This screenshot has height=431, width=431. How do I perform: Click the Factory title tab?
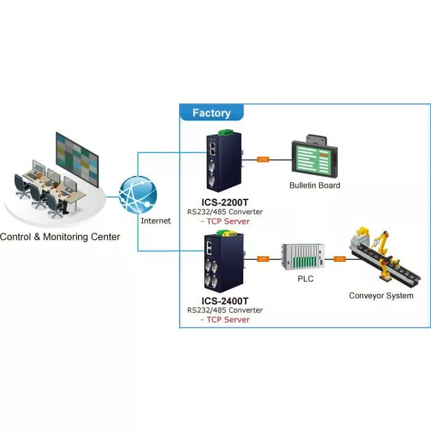(211, 113)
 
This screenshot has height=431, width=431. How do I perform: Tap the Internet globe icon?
(138, 195)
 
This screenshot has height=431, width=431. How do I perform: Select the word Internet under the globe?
(156, 220)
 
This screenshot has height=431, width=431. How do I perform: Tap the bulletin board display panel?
(314, 157)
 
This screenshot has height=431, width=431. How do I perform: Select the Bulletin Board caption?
(314, 185)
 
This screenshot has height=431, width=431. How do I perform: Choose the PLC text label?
(305, 279)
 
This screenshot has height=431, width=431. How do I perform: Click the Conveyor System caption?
(381, 296)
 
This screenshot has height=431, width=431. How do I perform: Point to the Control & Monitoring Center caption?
(60, 236)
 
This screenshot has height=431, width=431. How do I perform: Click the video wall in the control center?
(77, 153)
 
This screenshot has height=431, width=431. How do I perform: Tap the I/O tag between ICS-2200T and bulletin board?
(262, 159)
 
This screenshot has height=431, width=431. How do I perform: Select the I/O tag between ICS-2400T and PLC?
(262, 259)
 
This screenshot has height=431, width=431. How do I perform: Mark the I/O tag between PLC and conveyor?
(339, 259)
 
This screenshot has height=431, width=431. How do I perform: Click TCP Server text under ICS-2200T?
(226, 221)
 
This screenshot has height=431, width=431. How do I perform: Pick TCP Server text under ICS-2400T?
(226, 319)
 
